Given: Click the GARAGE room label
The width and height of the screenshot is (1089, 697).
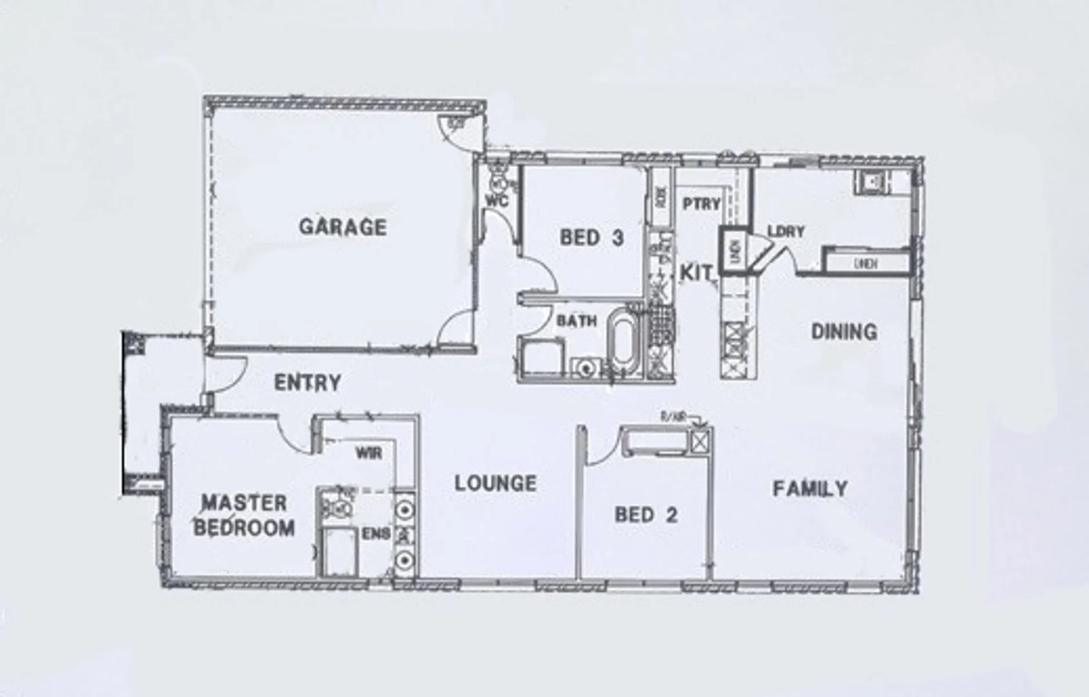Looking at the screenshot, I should (343, 227).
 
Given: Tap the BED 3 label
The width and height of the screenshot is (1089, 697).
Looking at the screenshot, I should (592, 237).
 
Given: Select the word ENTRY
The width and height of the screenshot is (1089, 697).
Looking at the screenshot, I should (307, 383).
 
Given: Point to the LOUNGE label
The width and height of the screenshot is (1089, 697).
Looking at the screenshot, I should (495, 483).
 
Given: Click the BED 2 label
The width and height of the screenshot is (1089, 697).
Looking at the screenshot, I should (646, 515).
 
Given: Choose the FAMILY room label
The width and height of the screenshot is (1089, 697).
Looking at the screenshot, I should (810, 489).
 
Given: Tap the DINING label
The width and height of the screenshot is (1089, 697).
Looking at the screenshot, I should (844, 332).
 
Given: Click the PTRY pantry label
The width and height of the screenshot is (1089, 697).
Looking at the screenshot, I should (701, 204).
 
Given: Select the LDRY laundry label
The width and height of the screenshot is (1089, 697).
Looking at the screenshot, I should (786, 231).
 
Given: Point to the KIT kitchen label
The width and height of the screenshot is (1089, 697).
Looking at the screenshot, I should (697, 273).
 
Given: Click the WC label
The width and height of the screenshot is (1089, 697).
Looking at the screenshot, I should (497, 201).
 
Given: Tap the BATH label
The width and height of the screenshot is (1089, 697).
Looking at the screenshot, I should (577, 321).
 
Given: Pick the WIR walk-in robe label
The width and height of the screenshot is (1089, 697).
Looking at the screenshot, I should (368, 453).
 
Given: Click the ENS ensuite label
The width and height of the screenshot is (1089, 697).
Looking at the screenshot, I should (376, 534).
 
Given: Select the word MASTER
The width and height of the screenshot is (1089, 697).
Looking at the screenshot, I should (244, 503).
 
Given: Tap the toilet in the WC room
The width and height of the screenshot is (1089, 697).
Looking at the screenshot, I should (499, 174).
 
